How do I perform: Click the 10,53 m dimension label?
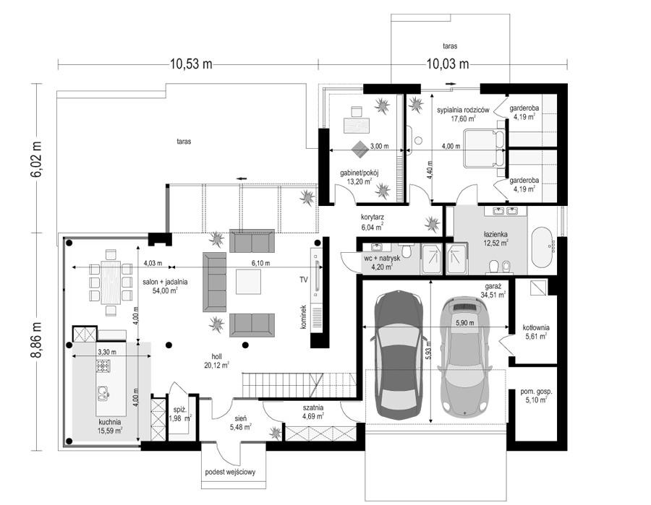(x=190, y=64)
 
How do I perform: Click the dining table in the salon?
(x=111, y=282)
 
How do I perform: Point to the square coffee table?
(x=248, y=282)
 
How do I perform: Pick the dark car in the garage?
(x=399, y=355)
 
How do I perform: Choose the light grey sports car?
(x=465, y=355)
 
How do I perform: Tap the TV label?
(x=304, y=280)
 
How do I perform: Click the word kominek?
(x=304, y=317)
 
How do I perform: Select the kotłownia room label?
(x=535, y=332)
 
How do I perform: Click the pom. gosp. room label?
(x=537, y=395)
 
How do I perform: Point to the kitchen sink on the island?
(x=103, y=392)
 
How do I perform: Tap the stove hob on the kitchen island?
(x=103, y=366)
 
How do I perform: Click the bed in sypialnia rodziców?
(x=484, y=148)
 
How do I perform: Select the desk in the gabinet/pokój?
(x=357, y=125)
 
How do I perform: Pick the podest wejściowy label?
(x=230, y=472)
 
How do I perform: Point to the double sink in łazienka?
(x=505, y=211)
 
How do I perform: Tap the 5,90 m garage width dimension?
(x=465, y=324)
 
